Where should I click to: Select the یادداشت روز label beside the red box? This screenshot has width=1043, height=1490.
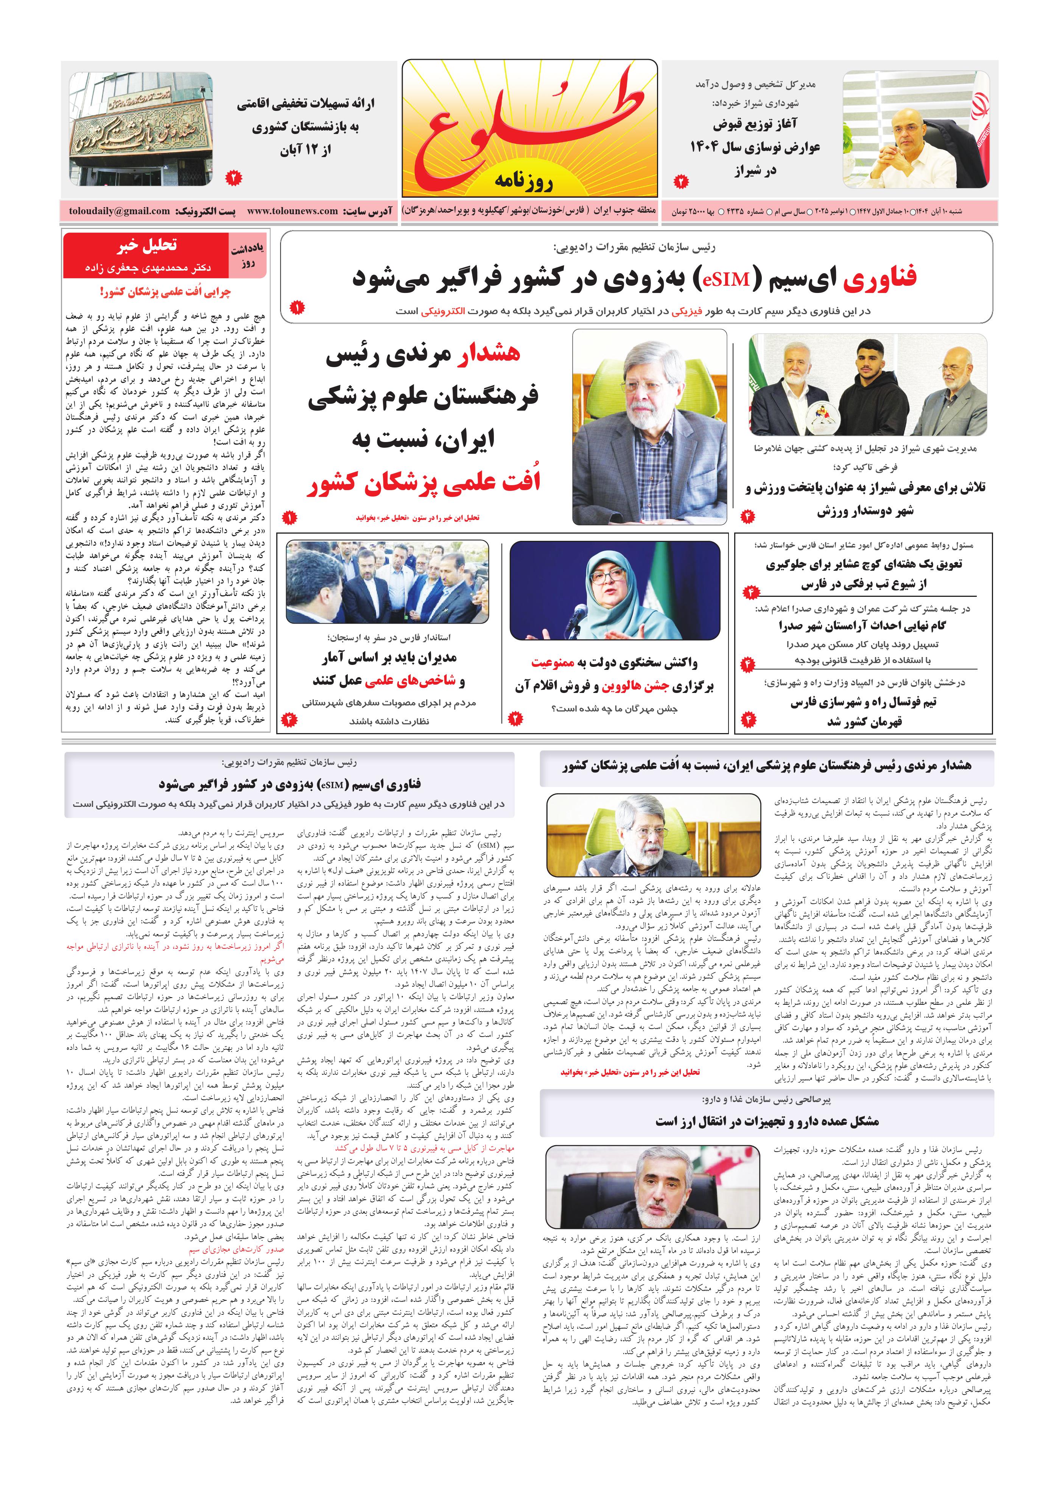(247, 256)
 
